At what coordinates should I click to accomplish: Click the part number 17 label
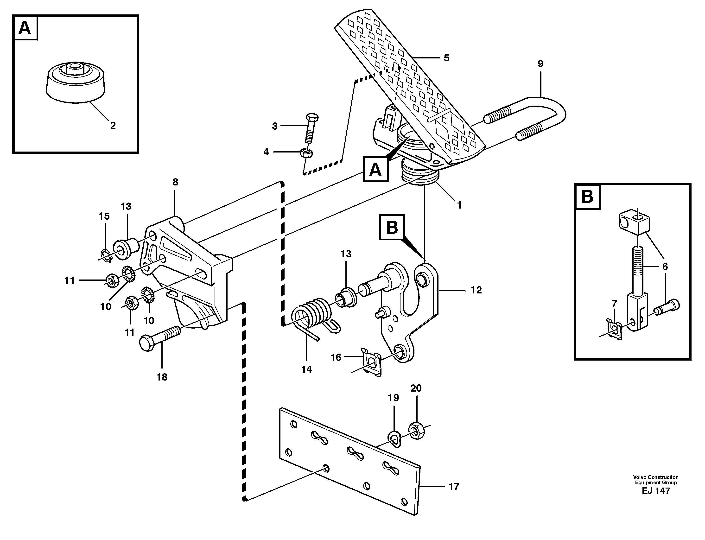(x=454, y=487)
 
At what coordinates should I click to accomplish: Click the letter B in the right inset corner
(x=587, y=196)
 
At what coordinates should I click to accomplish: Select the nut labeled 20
(x=416, y=430)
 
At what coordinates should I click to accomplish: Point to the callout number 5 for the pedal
(x=446, y=58)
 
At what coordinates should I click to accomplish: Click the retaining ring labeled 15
(x=106, y=255)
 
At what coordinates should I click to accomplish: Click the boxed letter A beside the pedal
(x=375, y=169)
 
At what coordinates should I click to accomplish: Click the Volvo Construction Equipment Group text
(x=655, y=480)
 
